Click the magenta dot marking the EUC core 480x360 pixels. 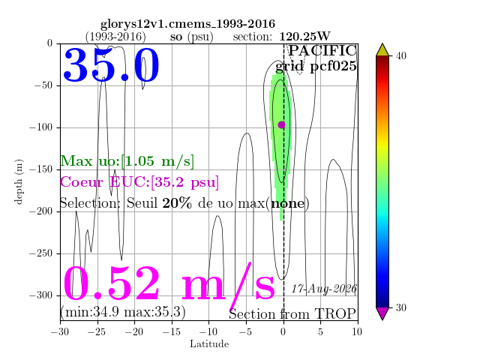(x=282, y=124)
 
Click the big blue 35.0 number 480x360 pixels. (x=111, y=65)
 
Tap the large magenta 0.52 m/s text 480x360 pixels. (x=169, y=284)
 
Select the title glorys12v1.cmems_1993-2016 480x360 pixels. (x=187, y=24)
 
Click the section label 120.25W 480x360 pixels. (x=304, y=37)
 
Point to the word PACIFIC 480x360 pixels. (x=322, y=50)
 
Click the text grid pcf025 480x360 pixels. (x=316, y=66)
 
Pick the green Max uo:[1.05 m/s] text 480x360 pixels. (x=127, y=161)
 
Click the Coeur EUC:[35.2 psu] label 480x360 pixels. (x=139, y=182)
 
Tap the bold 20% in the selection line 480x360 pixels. (x=177, y=203)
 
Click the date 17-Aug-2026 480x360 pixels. (x=324, y=289)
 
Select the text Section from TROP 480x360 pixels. (x=292, y=314)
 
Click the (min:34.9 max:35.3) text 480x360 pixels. (x=123, y=312)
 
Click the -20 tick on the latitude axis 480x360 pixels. (x=135, y=331)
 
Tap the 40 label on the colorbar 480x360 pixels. (x=401, y=55)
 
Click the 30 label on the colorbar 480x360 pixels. (x=401, y=307)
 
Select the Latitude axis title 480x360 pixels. (x=209, y=344)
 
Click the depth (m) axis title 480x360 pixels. (x=18, y=181)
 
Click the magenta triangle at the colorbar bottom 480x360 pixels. (x=382, y=313)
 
